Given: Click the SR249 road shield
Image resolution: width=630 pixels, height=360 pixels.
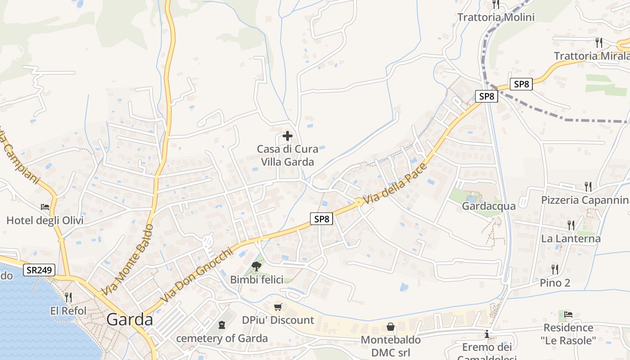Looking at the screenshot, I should coord(40,270).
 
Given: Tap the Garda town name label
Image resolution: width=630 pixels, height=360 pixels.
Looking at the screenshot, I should coord(130,319).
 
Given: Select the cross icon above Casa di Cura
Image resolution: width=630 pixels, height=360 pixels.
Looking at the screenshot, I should coord(287,136).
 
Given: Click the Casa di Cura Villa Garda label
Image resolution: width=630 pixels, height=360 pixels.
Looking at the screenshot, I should coord(287,155).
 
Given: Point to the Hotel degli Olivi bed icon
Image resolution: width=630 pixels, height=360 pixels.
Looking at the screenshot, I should coord(45,207).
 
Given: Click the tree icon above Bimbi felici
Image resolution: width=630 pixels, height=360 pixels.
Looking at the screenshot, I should coord(256,266).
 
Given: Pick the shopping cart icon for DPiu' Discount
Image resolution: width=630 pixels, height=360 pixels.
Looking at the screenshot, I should coord(278,307).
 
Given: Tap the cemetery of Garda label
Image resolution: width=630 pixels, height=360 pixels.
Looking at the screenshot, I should coord(222,338).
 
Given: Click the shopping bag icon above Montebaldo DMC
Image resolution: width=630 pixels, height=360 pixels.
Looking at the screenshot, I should coord(391,326).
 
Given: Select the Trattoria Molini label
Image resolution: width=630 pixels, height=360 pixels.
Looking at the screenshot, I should coord(496,17).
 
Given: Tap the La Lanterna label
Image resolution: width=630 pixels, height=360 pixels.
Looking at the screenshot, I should coord(571,238).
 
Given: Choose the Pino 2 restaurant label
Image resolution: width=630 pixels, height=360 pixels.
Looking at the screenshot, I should coord(555,283).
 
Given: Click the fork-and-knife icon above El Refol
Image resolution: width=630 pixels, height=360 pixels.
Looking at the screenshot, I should coord(68,297).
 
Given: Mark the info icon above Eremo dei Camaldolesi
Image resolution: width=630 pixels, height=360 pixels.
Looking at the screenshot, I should coord(487,334).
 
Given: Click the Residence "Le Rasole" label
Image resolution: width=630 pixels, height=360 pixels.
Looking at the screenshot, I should coord(568,334).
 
